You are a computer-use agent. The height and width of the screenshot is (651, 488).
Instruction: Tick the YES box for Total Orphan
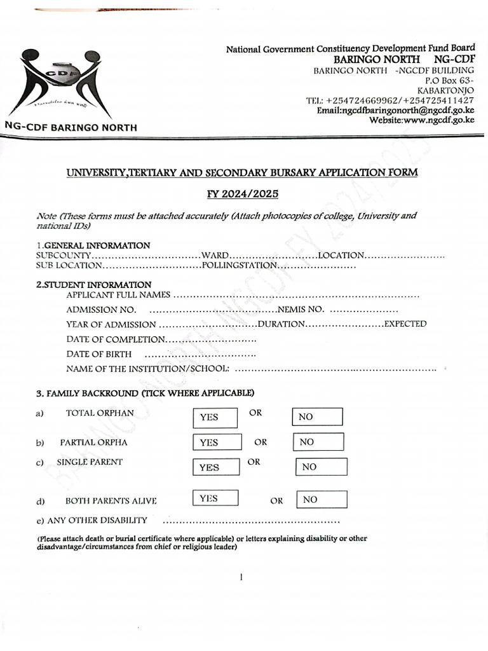pyautogui.click(x=215, y=418)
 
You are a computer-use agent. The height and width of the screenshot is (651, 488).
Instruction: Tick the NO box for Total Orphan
pyautogui.click(x=317, y=417)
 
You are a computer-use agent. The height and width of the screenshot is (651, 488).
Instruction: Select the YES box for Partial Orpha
pyautogui.click(x=217, y=442)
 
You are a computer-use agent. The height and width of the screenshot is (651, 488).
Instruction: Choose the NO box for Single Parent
pyautogui.click(x=322, y=467)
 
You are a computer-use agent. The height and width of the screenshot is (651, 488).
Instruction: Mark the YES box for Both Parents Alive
pyautogui.click(x=216, y=498)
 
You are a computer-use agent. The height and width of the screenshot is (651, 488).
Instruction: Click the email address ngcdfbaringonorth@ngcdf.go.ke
pyautogui.click(x=395, y=110)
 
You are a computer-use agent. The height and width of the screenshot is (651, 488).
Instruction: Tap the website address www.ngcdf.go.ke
pyautogui.click(x=422, y=120)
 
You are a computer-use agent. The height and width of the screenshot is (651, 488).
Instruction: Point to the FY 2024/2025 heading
pyautogui.click(x=243, y=195)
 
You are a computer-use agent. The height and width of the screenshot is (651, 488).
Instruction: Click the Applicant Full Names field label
pyautogui.click(x=118, y=295)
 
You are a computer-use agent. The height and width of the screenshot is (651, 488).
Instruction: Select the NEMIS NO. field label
pyautogui.click(x=301, y=310)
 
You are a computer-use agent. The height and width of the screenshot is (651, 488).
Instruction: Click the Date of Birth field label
pyautogui.click(x=99, y=354)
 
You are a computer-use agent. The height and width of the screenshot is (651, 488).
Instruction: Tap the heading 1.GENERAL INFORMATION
pyautogui.click(x=93, y=245)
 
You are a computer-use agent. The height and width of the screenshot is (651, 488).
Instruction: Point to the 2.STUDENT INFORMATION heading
pyautogui.click(x=94, y=285)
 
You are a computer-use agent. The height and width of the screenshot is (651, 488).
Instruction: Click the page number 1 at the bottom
pyautogui.click(x=242, y=577)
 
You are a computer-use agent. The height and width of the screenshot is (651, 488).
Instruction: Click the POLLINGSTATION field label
pyautogui.click(x=240, y=265)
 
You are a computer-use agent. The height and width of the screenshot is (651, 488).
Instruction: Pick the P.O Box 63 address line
pyautogui.click(x=449, y=81)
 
